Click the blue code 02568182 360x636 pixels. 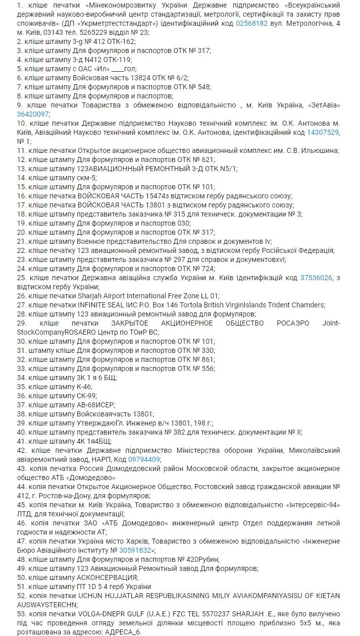coord(252,23)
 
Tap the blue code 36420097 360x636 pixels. coord(33,114)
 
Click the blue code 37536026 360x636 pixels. coord(316,278)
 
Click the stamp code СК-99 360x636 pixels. coord(86,396)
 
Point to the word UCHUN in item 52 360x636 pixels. coord(90,596)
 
